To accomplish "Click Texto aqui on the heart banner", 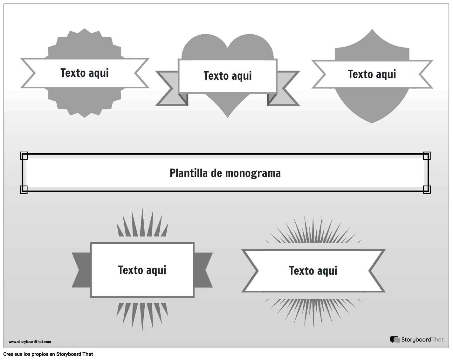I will point(228,76).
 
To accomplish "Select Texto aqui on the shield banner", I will point(372,74).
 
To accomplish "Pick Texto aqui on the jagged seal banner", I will point(85,73).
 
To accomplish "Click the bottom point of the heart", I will point(228,116).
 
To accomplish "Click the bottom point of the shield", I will point(372,122).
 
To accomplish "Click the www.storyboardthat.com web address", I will point(30,342).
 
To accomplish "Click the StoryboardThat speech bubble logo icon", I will point(395,340).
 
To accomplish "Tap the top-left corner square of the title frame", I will point(24,156).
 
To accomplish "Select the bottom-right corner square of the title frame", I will point(427,189).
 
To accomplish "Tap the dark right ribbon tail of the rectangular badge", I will point(203,270).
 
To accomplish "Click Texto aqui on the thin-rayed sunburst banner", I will point(313,271).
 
